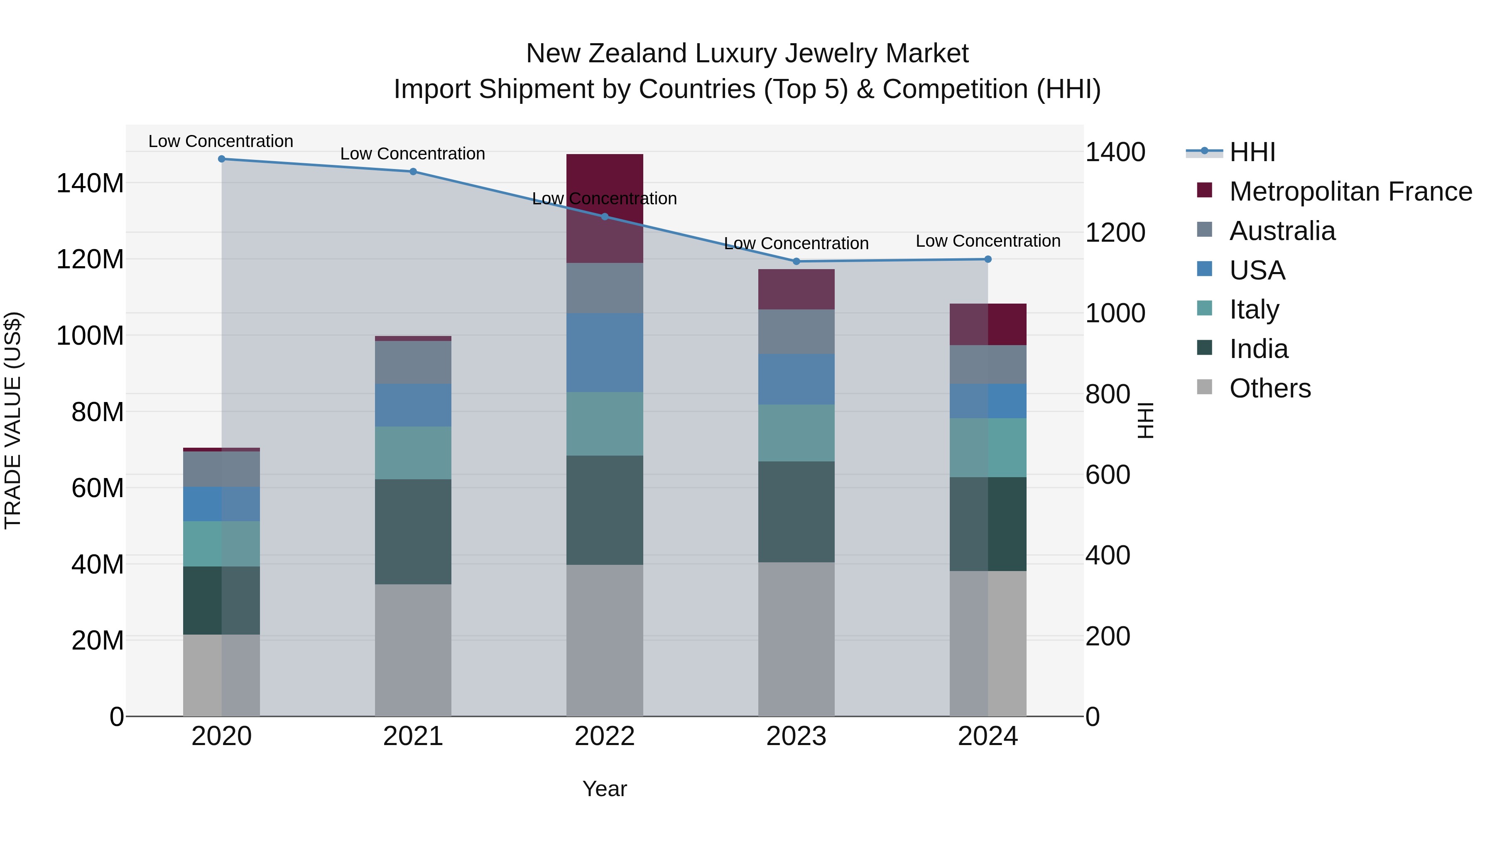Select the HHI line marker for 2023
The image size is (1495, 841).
click(x=796, y=262)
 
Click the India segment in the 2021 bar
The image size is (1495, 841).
click(x=413, y=531)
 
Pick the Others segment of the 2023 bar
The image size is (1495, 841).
click(x=796, y=638)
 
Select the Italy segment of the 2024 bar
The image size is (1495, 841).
click(x=988, y=447)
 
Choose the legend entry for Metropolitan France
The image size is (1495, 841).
click(x=1350, y=191)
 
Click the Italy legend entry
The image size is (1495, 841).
click(x=1254, y=309)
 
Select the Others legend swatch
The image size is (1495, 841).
click(x=1205, y=387)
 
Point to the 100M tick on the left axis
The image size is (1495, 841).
click(x=90, y=336)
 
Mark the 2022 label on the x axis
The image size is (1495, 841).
click(x=604, y=736)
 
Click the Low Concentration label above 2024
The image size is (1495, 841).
click(x=988, y=241)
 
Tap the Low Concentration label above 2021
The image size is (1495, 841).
click(x=413, y=154)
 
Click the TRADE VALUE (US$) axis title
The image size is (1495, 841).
click(x=13, y=420)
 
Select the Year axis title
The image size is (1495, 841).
click(x=604, y=789)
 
